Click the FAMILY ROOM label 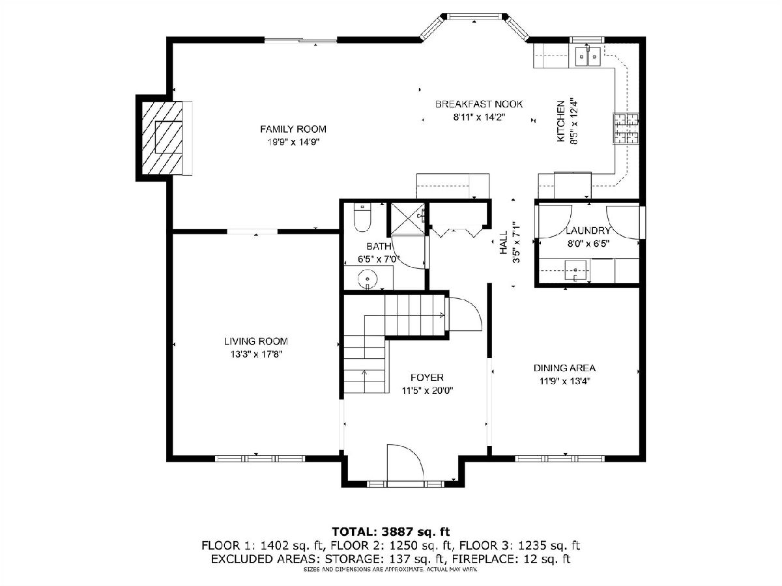click(293, 129)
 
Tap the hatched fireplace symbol click(162, 137)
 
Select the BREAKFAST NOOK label click(479, 104)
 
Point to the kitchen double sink click(588, 57)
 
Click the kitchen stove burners click(626, 129)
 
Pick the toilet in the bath click(362, 217)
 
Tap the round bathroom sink click(367, 279)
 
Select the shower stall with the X click(407, 219)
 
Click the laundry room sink click(575, 270)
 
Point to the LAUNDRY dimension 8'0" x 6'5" click(588, 244)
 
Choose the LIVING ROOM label click(256, 341)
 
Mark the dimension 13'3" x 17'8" click(256, 354)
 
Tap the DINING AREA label click(564, 368)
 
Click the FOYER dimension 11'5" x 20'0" click(427, 391)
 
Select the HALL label click(503, 243)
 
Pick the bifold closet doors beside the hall click(456, 231)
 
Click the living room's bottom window click(260, 458)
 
